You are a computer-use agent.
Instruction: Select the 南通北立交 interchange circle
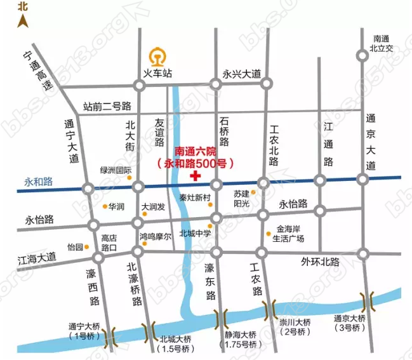click(x=362, y=56)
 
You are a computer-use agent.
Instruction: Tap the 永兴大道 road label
click(x=242, y=74)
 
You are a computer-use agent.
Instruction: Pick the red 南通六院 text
click(x=196, y=152)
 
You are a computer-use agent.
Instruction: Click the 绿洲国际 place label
click(x=116, y=170)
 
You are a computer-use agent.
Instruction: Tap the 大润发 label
click(x=153, y=207)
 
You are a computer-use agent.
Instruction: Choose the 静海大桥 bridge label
click(x=239, y=335)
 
